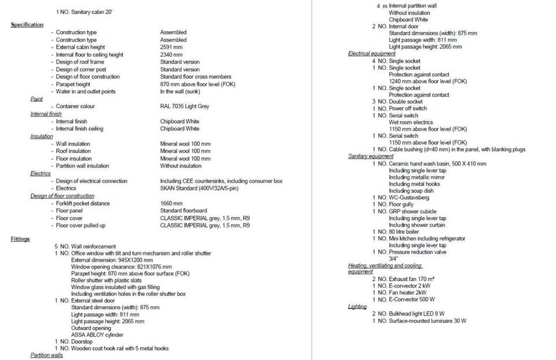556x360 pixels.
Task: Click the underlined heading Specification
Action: point(27,25)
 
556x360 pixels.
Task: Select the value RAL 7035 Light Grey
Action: point(184,106)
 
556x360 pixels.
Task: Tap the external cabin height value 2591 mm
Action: point(173,47)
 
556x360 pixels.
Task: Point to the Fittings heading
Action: point(20,239)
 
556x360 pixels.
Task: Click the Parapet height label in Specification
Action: point(73,84)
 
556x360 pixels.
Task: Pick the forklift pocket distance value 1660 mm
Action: point(171,204)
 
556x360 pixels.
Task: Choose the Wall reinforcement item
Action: point(93,247)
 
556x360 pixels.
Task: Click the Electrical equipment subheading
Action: point(372,54)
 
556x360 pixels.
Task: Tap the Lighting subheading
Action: point(357,306)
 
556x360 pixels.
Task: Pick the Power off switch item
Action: point(408,109)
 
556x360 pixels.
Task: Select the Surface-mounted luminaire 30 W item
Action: point(427,321)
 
